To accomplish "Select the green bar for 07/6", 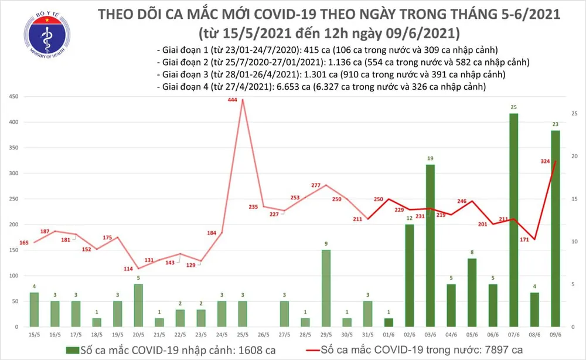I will coord(513,220).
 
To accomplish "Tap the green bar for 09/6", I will coord(556,229).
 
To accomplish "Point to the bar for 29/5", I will coord(326,287).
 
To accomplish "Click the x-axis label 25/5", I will coord(242,335).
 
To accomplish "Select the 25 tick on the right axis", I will coord(574,113).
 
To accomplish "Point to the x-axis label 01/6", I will coord(389,335).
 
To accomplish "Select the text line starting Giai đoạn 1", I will coord(331,50).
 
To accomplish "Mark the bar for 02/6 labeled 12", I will coord(410,276).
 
